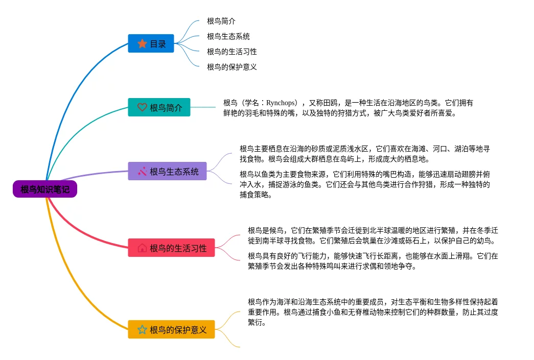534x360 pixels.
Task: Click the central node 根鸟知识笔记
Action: pos(45,189)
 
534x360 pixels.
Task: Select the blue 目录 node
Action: pos(151,44)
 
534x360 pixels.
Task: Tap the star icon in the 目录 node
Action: pos(142,44)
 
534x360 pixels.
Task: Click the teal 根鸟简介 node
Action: pos(159,108)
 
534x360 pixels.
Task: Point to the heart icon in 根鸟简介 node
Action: pos(142,108)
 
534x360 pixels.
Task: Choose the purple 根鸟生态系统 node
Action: pos(167,171)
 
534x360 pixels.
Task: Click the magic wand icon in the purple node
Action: pos(142,171)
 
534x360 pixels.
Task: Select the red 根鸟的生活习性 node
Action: pos(171,248)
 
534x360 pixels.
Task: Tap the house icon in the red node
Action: pos(142,248)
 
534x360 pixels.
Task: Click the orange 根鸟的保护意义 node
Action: pos(171,330)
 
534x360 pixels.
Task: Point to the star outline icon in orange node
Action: pos(142,330)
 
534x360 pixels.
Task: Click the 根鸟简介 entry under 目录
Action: pos(221,21)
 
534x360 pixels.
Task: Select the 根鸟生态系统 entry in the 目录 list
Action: pos(228,37)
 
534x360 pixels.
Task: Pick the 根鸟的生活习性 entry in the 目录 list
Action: pos(232,52)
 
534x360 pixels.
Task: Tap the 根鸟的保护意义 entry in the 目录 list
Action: pos(232,67)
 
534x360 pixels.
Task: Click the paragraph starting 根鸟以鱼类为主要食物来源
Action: pos(365,184)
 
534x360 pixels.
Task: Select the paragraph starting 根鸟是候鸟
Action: pos(373,235)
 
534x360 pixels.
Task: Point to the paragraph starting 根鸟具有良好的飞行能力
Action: pos(373,261)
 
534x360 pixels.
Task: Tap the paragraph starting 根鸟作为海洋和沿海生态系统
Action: pos(373,311)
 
